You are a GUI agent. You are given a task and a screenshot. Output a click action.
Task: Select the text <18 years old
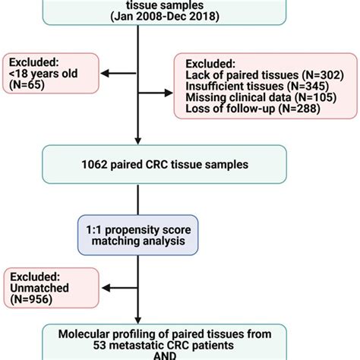[x=43, y=77]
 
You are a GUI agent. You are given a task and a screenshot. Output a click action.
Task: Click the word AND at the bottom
[x=137, y=355]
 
